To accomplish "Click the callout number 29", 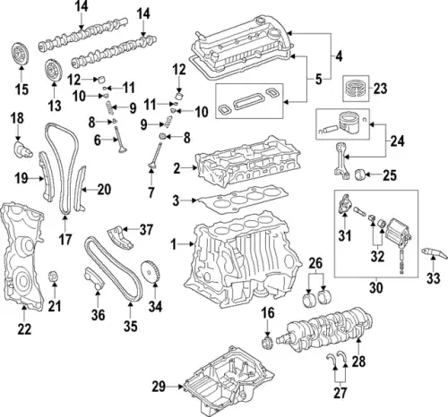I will (x=159, y=386).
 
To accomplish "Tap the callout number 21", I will (x=55, y=308).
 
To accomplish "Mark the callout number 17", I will (x=65, y=239).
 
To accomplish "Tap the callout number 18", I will (x=17, y=119).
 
